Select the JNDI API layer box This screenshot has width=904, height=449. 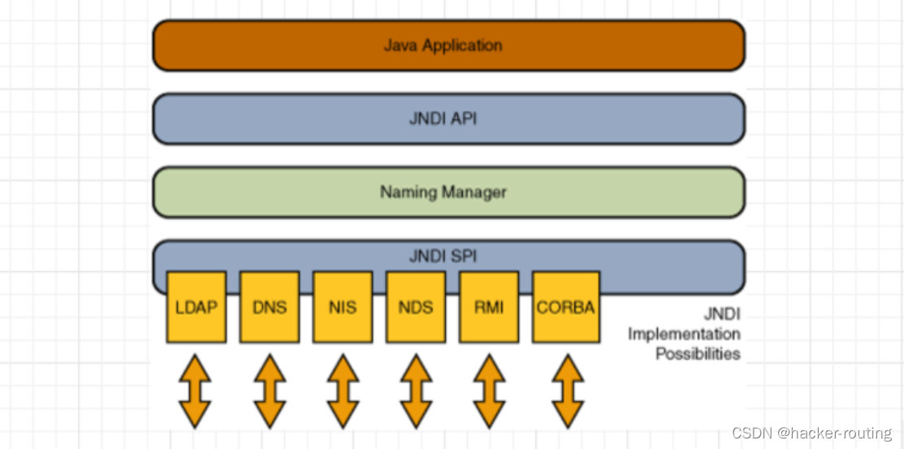448,119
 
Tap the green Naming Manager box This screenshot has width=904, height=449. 448,192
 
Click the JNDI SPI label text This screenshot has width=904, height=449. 443,257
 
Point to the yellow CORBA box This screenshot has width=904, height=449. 566,308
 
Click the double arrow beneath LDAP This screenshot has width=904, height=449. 195,391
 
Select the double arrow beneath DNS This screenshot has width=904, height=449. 270,391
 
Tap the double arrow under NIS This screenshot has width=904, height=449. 343,391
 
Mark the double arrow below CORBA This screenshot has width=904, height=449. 568,391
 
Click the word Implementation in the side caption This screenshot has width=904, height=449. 684,334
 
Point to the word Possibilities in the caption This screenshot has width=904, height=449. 698,354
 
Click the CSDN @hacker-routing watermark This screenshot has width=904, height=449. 811,434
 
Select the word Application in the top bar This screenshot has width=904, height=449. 461,45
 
